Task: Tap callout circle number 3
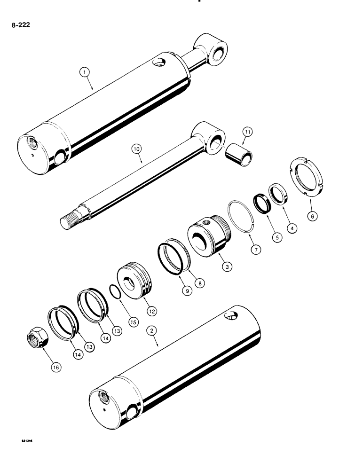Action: [227, 267]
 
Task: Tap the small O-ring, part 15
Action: [115, 291]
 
